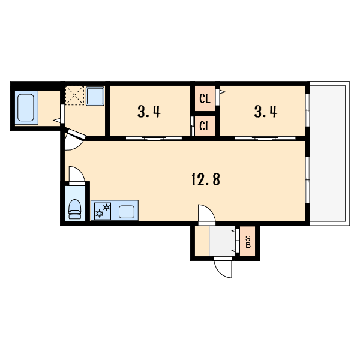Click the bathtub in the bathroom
pos(26,107)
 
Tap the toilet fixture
pos(75,209)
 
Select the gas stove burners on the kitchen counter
pos(103,211)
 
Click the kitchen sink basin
pos(127,212)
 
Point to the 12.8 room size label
pos(206,179)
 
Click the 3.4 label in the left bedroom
pos(149,112)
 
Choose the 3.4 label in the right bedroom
pos(266,112)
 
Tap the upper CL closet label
pos(205,99)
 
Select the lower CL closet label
pos(205,126)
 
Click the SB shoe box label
pos(248,242)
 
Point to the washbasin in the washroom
pos(95,96)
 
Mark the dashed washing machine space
pos(74,95)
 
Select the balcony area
pos(329,154)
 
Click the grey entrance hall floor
pos(222,241)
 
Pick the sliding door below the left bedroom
pos(154,139)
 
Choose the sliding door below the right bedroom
pos(265,139)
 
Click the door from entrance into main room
pos(207,213)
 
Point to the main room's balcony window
pos(308,180)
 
